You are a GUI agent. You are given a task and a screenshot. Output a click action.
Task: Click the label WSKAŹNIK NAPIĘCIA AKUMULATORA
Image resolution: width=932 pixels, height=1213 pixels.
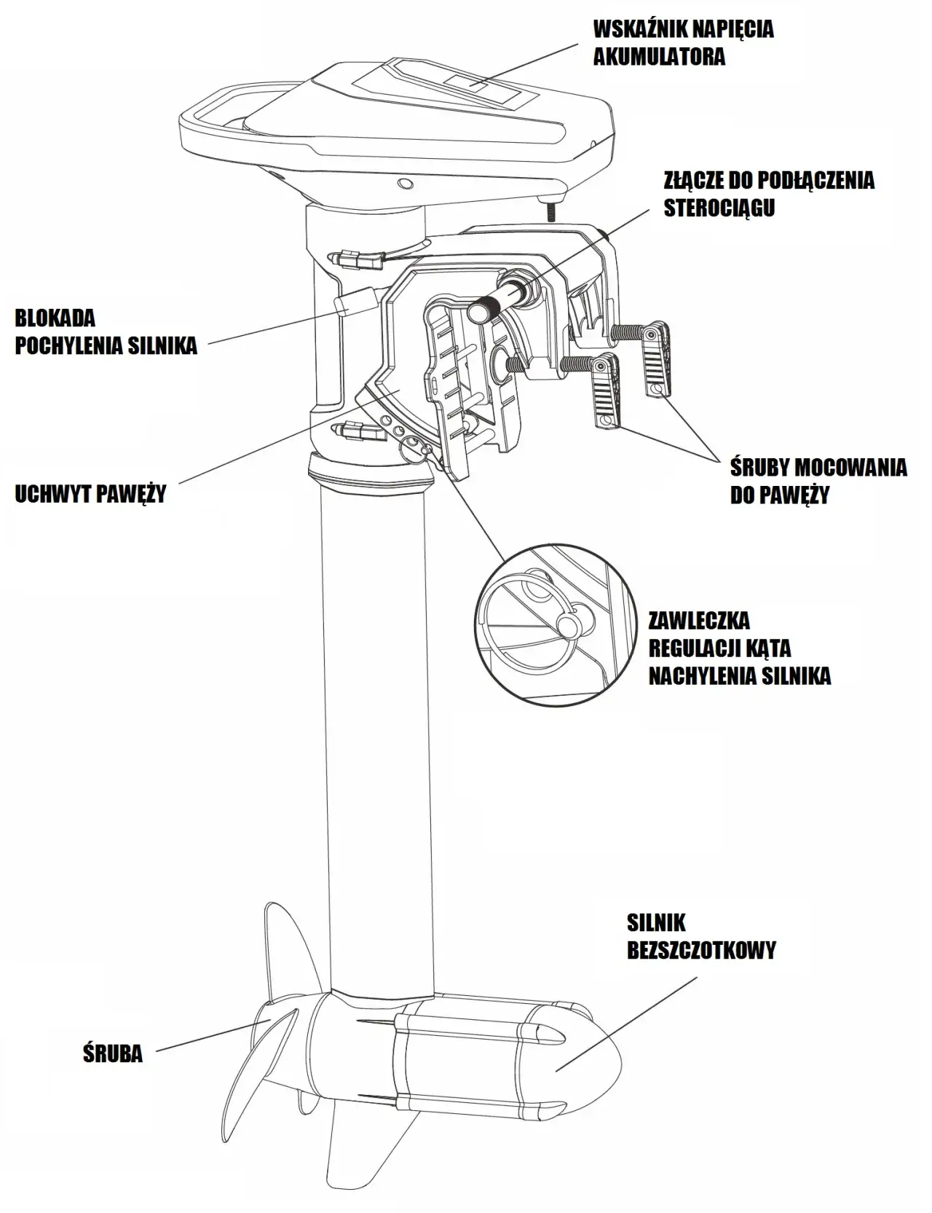683,43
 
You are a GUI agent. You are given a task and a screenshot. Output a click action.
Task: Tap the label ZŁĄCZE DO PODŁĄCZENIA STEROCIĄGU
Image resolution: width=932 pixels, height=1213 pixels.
768,194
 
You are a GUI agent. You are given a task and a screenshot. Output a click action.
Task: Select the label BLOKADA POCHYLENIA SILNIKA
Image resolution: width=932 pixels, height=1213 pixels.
106,331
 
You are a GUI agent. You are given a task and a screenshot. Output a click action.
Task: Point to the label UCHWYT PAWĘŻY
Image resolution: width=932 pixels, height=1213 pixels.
90,494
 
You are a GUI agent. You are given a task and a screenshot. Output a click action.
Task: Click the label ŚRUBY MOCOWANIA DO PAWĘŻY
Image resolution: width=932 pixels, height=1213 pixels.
818,481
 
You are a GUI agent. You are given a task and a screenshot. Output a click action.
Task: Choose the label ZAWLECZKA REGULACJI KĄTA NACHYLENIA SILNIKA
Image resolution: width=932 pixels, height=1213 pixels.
738,648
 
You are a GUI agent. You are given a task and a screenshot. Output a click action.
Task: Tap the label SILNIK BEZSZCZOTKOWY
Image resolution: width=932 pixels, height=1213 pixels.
700,936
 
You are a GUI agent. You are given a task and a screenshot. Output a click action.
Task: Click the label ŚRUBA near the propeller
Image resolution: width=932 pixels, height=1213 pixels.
112,1053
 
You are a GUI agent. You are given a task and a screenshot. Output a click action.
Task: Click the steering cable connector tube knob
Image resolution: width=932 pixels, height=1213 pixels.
481,311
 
